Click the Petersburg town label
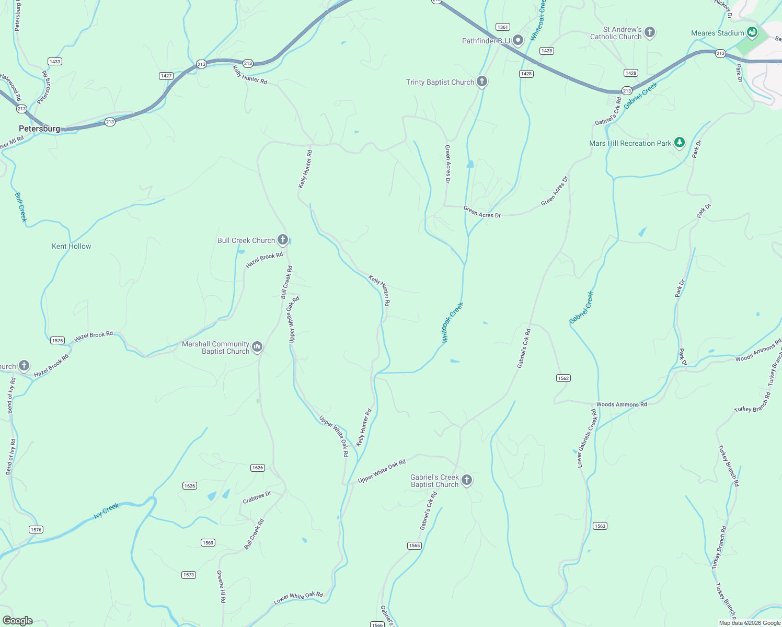point(39,129)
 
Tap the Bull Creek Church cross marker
point(283,240)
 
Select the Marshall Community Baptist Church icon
point(257,347)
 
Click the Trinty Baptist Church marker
point(482,82)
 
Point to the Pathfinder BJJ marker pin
point(517,40)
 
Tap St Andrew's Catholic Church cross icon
point(650,32)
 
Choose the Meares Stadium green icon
point(752,32)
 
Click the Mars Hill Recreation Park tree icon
point(680,143)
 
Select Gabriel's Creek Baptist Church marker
point(467,480)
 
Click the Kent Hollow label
point(72,246)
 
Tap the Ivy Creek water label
point(107,510)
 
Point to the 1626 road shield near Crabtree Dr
point(190,486)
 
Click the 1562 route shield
point(563,378)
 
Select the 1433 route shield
point(54,61)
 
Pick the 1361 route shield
point(502,27)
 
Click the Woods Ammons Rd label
point(622,404)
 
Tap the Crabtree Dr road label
point(257,498)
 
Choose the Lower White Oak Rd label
point(298,598)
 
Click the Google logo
point(18,621)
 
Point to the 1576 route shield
point(36,530)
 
